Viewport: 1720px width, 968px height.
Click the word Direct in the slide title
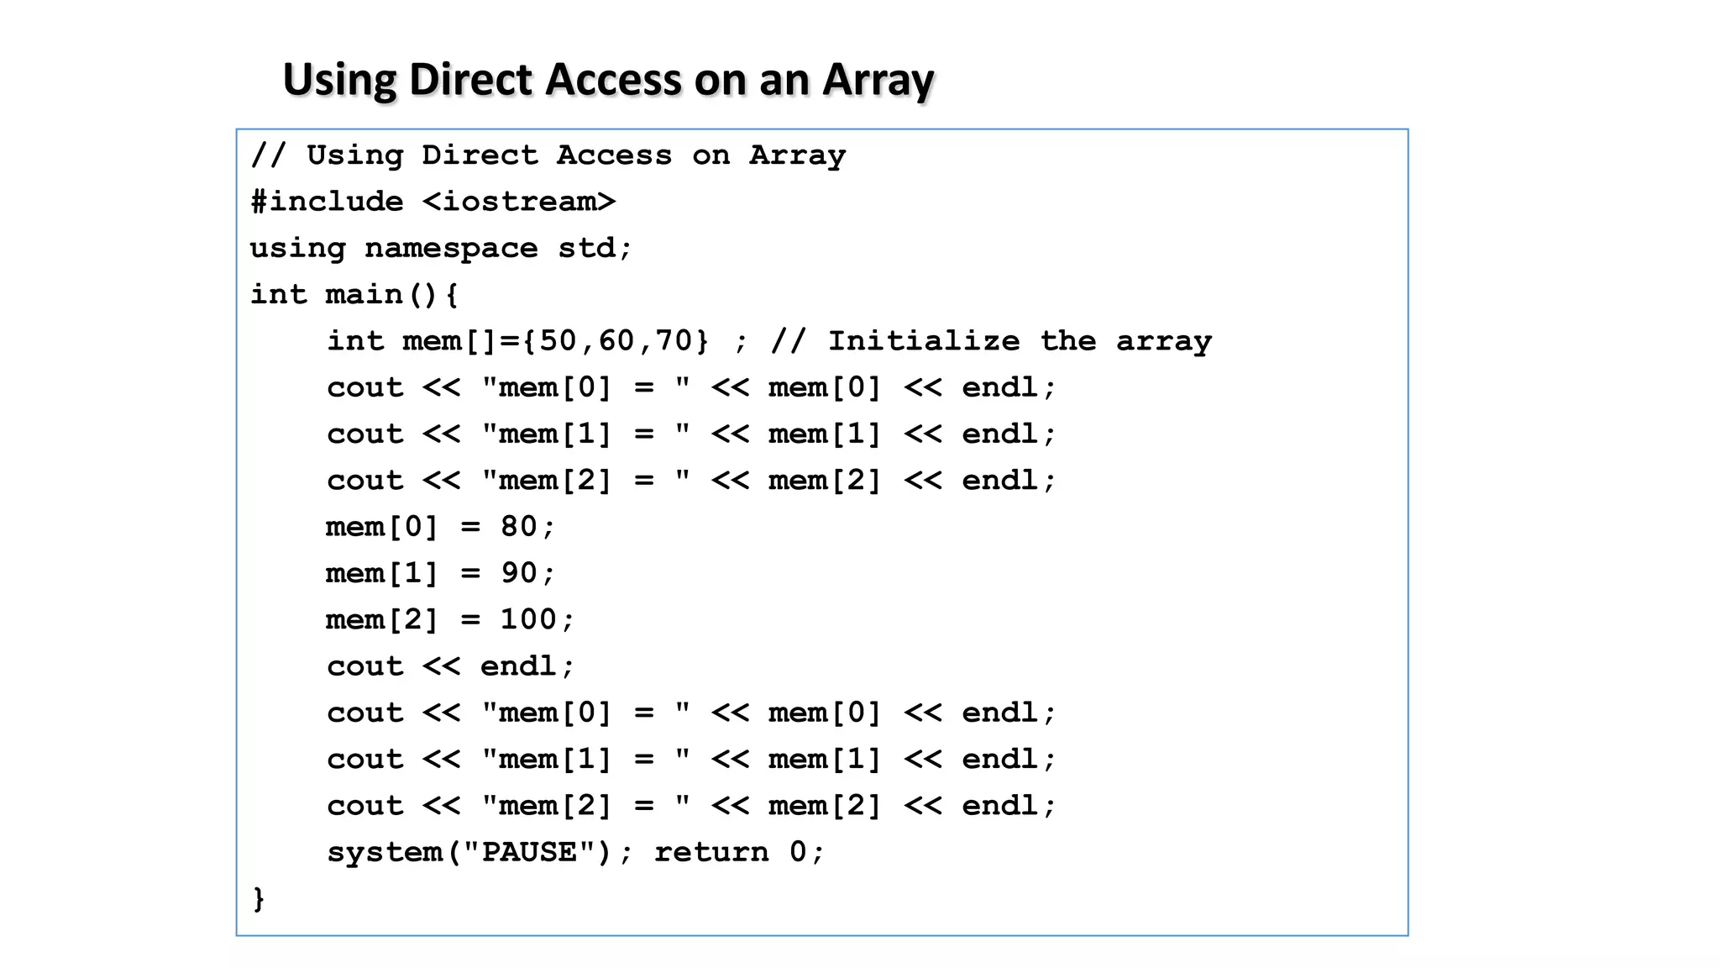(x=470, y=80)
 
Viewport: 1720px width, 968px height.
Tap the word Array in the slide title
(x=878, y=80)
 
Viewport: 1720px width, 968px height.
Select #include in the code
(x=327, y=202)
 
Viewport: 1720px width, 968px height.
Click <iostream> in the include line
(x=519, y=202)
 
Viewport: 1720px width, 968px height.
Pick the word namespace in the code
(x=451, y=249)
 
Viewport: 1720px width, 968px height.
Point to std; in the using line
(x=595, y=249)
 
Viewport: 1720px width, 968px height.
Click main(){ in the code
(x=391, y=295)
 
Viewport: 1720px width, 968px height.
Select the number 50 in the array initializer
(x=558, y=341)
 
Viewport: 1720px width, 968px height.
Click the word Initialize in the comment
(x=924, y=341)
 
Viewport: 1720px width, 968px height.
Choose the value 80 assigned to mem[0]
(x=518, y=527)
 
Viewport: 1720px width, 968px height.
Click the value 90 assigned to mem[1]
(x=518, y=573)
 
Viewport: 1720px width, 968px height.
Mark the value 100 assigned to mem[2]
(x=528, y=620)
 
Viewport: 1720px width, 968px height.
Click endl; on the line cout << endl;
(x=527, y=666)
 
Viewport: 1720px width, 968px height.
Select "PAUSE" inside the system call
(x=529, y=852)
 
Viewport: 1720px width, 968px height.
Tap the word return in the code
(x=711, y=852)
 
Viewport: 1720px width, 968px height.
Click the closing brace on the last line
(x=259, y=898)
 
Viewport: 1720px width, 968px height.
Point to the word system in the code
(x=384, y=852)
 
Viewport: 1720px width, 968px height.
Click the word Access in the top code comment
(x=614, y=155)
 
